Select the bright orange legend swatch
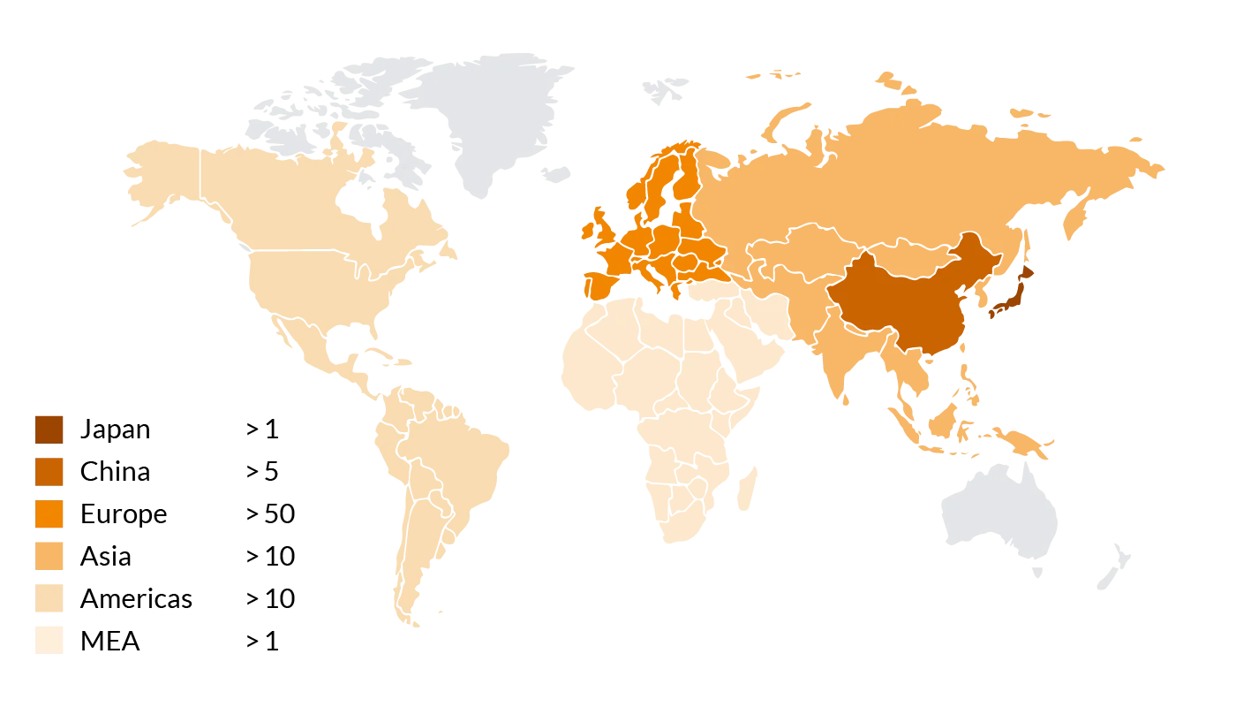[50, 513]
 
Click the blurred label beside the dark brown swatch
[117, 430]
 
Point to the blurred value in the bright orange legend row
[270, 513]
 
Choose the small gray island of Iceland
[555, 171]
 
